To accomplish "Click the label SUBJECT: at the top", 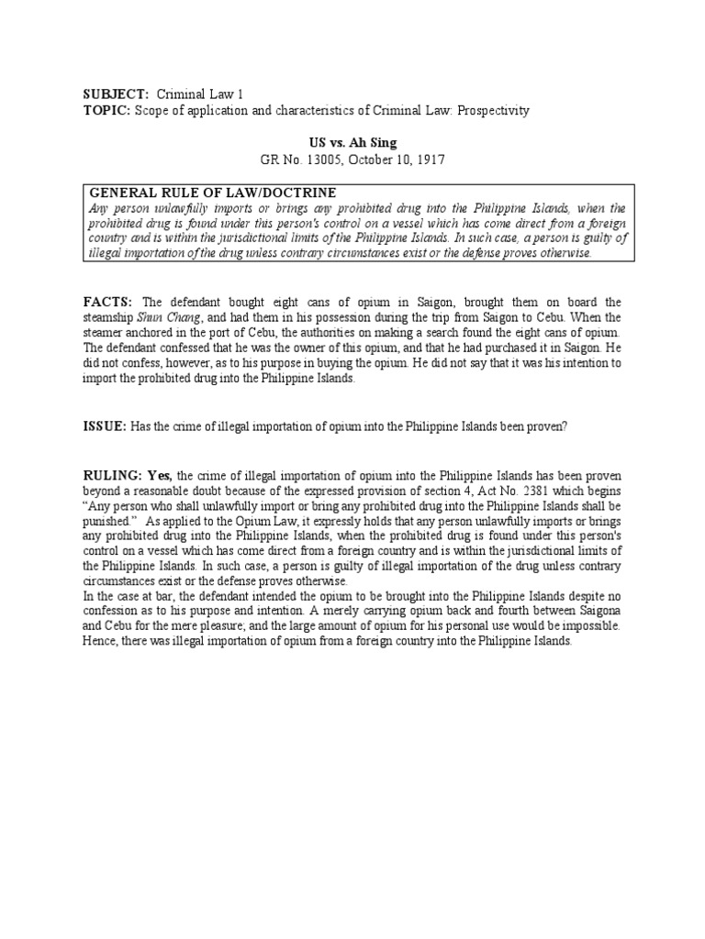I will pos(115,94).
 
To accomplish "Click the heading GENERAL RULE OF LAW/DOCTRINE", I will pos(212,193).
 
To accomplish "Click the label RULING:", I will pos(117,475).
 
